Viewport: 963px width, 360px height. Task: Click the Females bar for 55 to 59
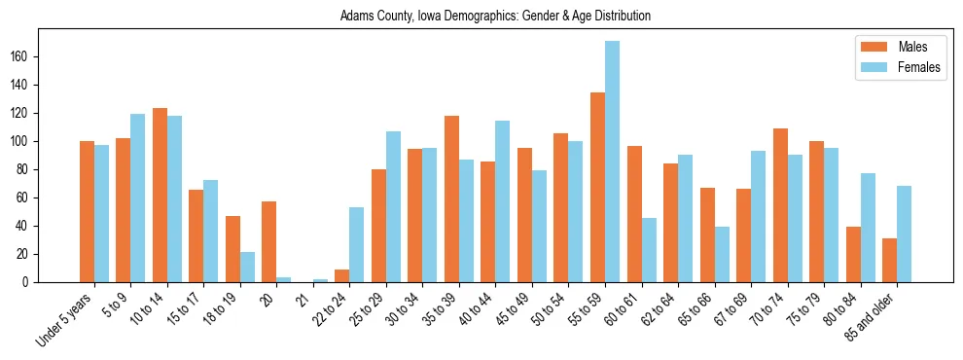612,162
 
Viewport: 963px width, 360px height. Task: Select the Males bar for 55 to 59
597,188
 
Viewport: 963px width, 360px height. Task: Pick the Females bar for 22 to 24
357,245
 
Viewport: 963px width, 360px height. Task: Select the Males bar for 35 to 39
451,199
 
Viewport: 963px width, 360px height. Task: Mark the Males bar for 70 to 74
780,205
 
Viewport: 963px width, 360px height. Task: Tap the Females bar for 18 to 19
247,268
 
